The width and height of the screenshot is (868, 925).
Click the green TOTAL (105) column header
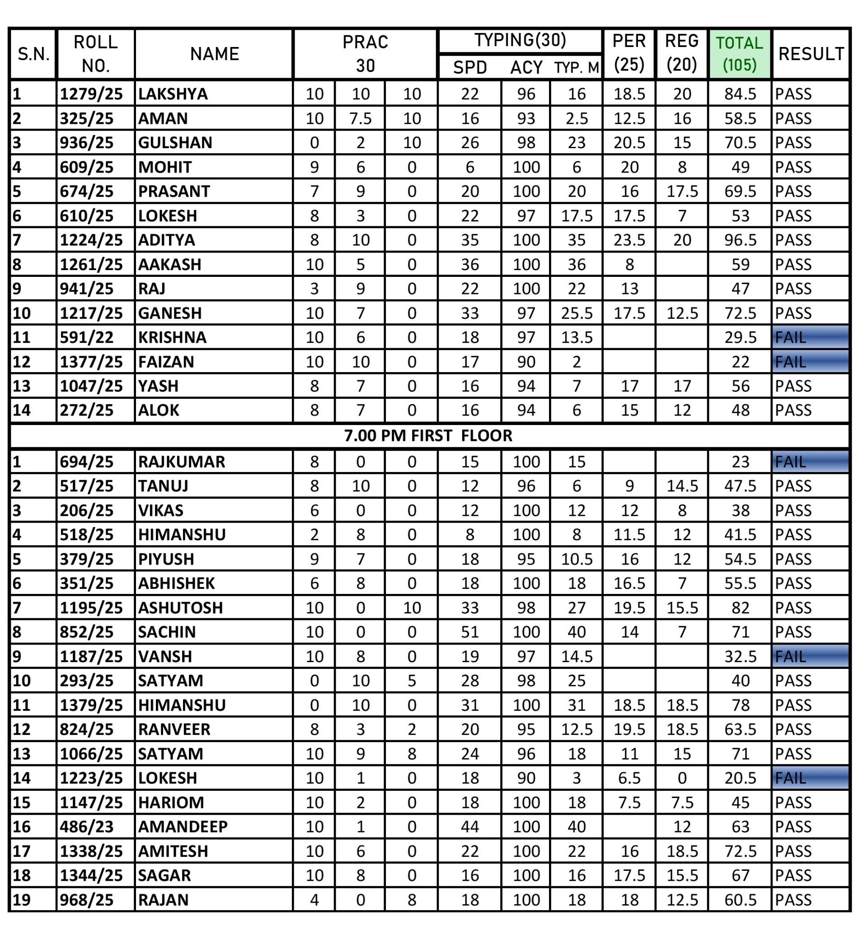(x=740, y=53)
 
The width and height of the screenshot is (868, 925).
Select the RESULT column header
(x=811, y=53)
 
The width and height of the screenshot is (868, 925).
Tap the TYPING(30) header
(x=520, y=41)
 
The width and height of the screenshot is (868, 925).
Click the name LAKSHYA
(x=173, y=94)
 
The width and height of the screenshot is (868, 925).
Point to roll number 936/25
(x=87, y=142)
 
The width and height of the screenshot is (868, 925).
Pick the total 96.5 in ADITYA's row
(x=740, y=240)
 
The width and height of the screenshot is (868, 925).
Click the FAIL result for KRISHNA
(x=810, y=337)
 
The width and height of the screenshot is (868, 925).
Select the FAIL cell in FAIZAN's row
(x=810, y=361)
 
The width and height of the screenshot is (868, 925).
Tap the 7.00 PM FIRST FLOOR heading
(x=428, y=435)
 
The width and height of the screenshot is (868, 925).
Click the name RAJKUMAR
(x=182, y=462)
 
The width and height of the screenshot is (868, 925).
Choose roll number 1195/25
(x=91, y=607)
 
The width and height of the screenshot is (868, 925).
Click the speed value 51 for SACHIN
(x=469, y=632)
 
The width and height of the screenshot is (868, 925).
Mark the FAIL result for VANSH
(x=810, y=657)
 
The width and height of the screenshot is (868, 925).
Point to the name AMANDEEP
(x=183, y=827)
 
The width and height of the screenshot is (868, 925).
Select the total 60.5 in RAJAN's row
(x=740, y=900)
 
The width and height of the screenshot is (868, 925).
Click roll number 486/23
(x=87, y=827)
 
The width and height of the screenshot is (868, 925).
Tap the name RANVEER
(x=174, y=729)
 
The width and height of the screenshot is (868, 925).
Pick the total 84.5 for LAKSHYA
(x=740, y=94)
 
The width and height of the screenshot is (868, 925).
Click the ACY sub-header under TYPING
(x=526, y=68)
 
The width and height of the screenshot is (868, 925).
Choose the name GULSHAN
(x=175, y=142)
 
